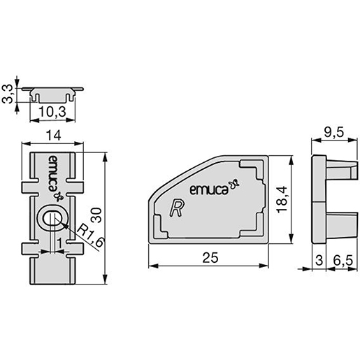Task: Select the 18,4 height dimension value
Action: (285, 202)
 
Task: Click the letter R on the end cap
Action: (178, 208)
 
